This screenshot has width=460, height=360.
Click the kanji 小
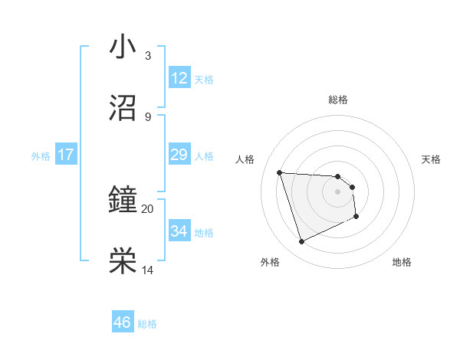coord(123,48)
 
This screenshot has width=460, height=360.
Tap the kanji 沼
coord(123,108)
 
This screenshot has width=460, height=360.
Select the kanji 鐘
coord(123,201)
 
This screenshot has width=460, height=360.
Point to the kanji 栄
coord(123,261)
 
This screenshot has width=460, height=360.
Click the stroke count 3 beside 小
coord(148,56)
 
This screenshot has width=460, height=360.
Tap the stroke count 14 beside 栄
coord(148,270)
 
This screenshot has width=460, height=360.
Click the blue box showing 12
coord(179,78)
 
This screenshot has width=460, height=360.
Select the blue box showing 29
coord(179,155)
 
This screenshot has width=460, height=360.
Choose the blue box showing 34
coord(179,231)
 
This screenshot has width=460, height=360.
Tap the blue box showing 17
coord(66,155)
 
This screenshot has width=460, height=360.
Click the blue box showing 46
coord(123,322)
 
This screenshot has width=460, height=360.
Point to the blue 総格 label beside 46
coord(147,324)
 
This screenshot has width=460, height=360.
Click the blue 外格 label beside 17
coord(41,156)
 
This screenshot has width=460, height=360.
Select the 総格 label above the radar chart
coord(338,100)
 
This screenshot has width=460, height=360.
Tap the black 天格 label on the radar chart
coord(432,159)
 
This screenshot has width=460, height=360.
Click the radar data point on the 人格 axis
coord(280,172)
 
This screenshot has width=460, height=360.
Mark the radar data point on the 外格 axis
coord(301,242)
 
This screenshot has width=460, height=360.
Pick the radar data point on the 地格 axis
coord(356,218)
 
